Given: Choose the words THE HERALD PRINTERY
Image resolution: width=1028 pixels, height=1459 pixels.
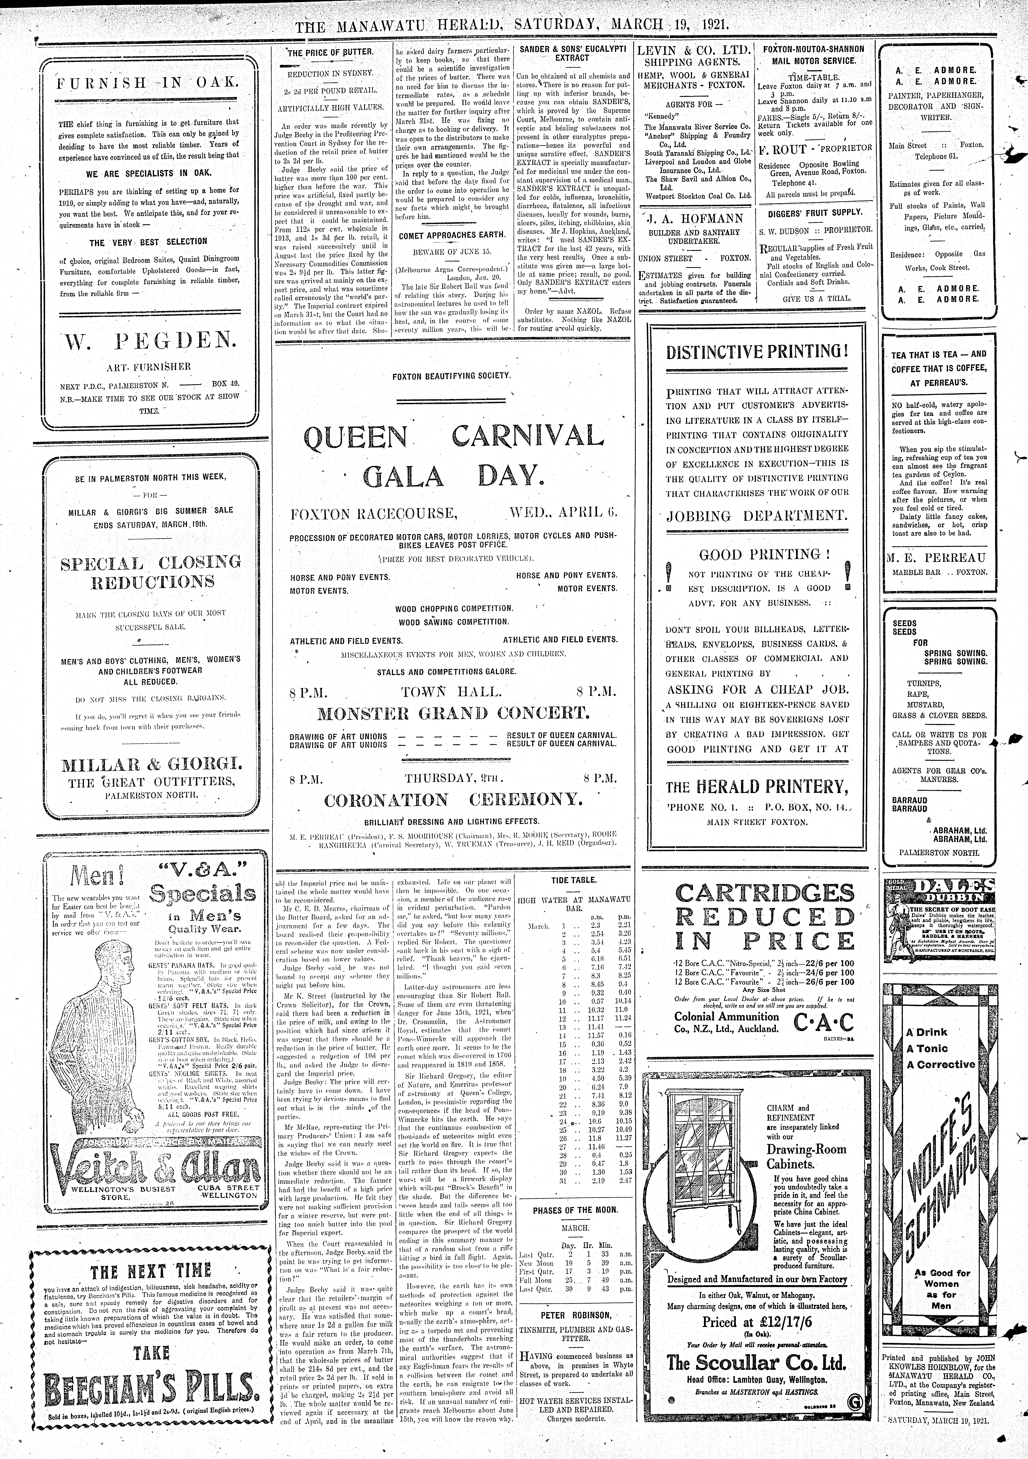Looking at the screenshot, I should tap(757, 787).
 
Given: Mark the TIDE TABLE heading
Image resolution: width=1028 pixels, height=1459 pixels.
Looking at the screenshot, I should tap(574, 880).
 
